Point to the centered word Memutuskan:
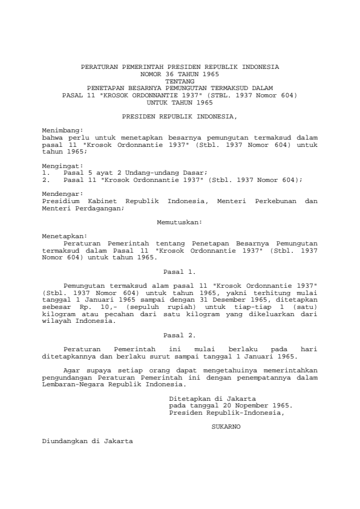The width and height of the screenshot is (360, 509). [180, 223]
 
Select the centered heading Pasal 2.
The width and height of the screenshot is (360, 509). [180, 334]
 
